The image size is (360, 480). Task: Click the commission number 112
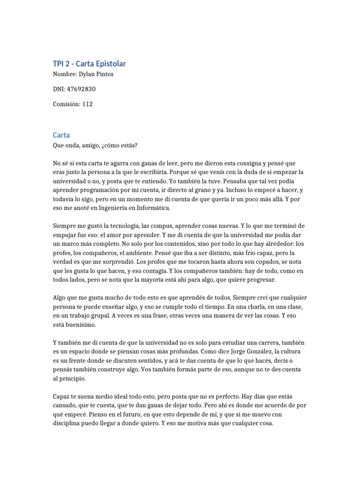(x=87, y=104)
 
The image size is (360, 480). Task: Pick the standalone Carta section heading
(x=61, y=135)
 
